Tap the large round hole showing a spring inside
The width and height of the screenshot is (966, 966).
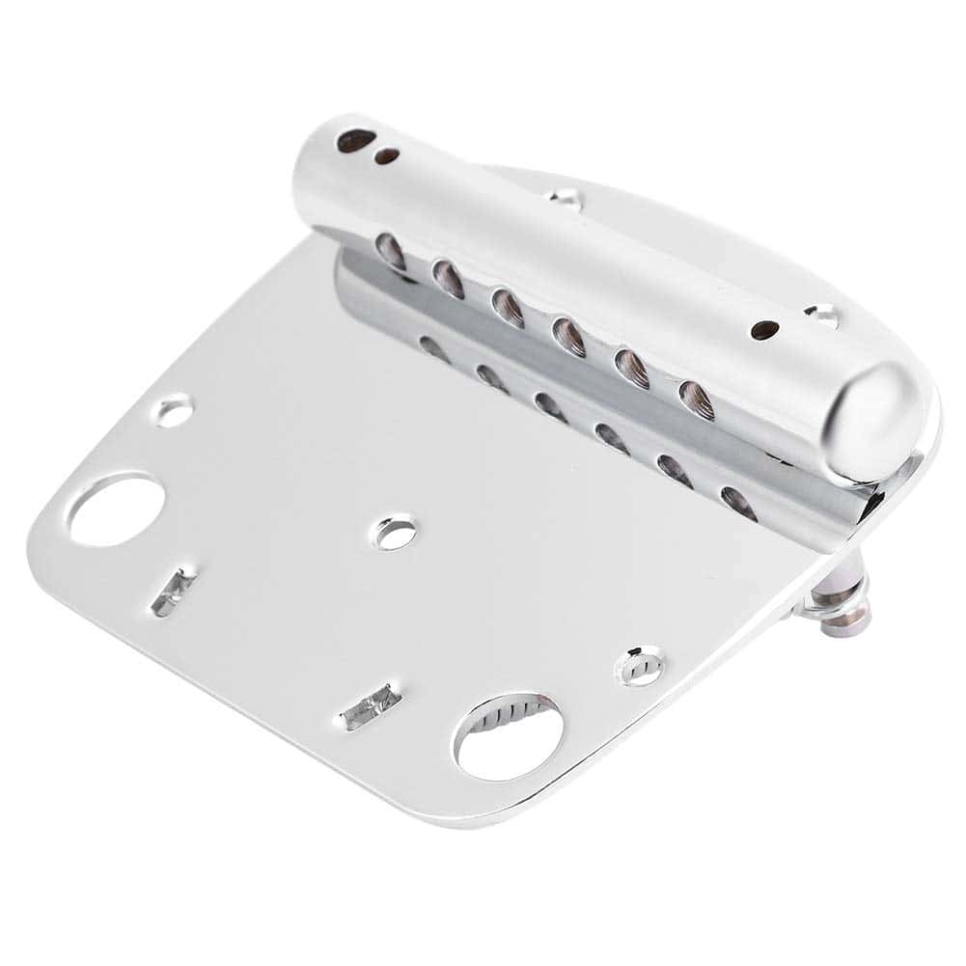click(x=509, y=736)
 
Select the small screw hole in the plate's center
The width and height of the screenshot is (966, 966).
click(x=395, y=533)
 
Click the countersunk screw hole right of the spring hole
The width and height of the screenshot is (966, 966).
click(x=642, y=666)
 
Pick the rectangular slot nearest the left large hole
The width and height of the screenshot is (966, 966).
click(x=174, y=591)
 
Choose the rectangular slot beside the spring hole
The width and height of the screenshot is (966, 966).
click(x=369, y=707)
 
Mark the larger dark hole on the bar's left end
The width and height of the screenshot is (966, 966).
click(x=354, y=141)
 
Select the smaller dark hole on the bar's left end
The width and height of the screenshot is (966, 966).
click(x=387, y=156)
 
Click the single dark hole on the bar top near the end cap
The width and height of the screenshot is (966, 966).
click(x=764, y=330)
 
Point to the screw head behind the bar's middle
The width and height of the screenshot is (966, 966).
click(x=566, y=199)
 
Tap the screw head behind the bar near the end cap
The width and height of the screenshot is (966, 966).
click(x=822, y=315)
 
